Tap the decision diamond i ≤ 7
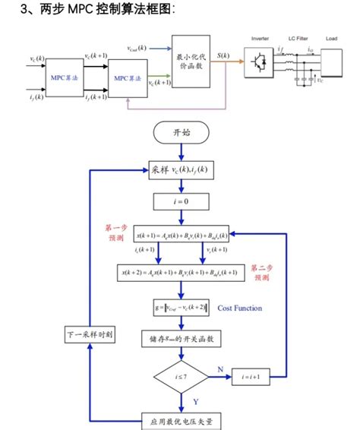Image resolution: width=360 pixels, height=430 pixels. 181,375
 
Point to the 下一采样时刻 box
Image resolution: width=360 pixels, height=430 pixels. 90,335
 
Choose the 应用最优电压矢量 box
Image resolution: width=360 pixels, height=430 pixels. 181,419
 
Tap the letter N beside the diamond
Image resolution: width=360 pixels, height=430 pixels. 220,368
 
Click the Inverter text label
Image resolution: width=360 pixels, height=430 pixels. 261,38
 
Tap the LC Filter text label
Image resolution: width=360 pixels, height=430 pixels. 297,38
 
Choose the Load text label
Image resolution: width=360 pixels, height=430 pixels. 331,38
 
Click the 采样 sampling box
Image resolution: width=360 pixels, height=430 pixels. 181,170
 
